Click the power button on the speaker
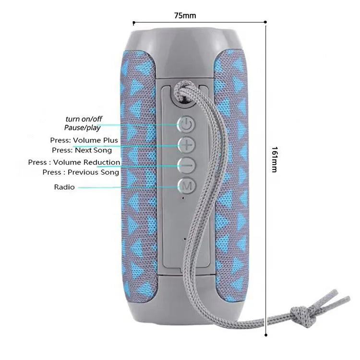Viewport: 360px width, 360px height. coord(186,125)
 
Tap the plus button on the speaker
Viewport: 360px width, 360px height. coord(186,145)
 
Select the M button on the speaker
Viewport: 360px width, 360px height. coord(186,185)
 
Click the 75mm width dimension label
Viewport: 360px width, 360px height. coord(185,16)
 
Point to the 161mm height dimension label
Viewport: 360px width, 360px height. coord(275,159)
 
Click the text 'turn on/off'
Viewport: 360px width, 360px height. coord(84,119)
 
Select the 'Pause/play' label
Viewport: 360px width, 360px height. coord(82,128)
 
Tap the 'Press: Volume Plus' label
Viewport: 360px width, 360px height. coord(84,140)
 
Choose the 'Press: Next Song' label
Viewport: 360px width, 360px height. coord(82,150)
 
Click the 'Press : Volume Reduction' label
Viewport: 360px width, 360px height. coord(74,162)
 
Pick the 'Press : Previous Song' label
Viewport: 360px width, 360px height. coord(81,172)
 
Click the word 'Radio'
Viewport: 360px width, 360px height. coord(64,187)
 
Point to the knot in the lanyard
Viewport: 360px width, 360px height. coord(303,316)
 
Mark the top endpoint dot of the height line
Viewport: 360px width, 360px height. coord(265,22)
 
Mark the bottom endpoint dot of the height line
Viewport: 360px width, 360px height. coord(266,335)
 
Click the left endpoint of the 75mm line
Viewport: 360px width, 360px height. coord(133,23)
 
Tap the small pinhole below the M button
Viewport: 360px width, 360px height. coord(183,198)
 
